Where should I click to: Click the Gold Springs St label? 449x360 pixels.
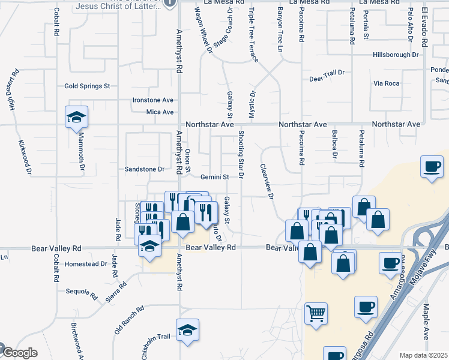point(87,86)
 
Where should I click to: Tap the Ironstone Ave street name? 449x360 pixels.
point(153,100)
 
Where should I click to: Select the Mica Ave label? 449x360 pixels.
point(160,112)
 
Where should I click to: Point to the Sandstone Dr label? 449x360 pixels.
point(144,169)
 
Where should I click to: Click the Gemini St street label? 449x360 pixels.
point(215,177)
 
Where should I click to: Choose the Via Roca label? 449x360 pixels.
point(386,83)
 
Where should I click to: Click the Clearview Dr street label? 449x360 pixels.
point(267,182)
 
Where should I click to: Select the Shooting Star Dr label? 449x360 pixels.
point(241,154)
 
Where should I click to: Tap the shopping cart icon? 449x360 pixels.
point(316,313)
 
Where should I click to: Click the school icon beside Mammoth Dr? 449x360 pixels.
point(76,118)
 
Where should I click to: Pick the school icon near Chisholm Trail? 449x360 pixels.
point(187,331)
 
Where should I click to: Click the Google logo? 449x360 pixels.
point(19,353)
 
